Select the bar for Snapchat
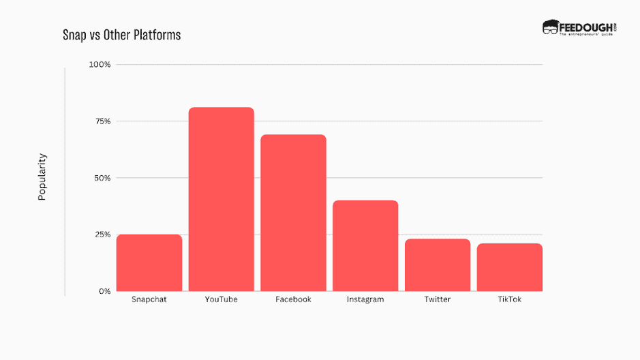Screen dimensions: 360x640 pos(149,262)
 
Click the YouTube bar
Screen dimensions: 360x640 pos(221,199)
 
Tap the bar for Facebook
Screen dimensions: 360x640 pos(293,213)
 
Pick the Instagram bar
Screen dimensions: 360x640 pos(365,245)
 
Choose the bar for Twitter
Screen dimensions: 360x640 pos(438,265)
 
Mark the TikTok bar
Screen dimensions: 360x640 pos(509,267)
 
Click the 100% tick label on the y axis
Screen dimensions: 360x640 pos(100,65)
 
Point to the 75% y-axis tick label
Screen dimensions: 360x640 pos(102,121)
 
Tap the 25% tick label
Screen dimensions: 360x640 pos(102,235)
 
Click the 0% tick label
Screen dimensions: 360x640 pos(104,291)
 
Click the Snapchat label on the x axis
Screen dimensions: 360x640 pos(149,299)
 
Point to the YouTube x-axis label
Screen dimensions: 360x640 pos(221,299)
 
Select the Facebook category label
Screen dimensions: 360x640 pos(293,299)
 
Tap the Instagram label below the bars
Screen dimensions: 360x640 pos(365,299)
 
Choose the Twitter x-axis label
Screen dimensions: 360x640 pos(438,299)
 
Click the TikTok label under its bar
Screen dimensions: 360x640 pos(509,299)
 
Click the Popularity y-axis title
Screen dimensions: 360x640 pos(42,177)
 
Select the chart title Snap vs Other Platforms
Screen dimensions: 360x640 pos(122,35)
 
